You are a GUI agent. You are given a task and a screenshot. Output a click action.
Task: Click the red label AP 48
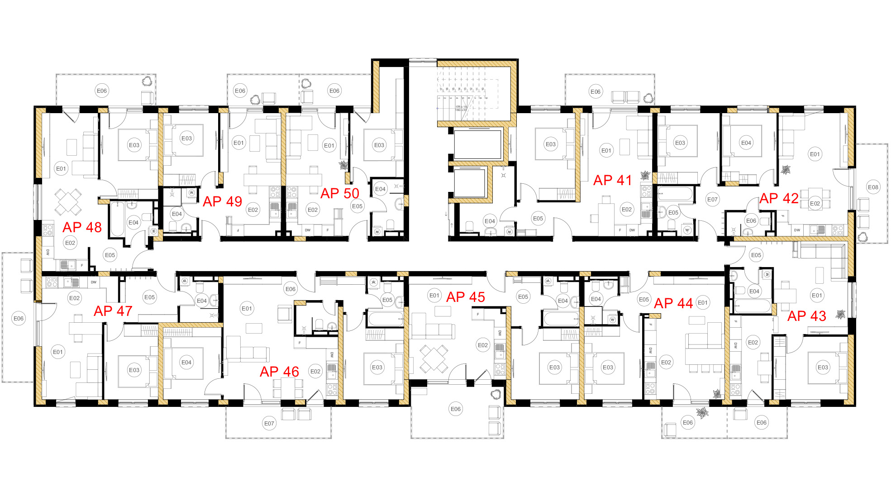click(x=82, y=227)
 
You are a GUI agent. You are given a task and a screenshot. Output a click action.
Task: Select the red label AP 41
click(x=612, y=180)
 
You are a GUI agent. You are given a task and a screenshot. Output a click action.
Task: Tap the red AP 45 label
click(x=465, y=297)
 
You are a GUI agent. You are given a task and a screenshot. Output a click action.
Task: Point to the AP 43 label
click(x=806, y=316)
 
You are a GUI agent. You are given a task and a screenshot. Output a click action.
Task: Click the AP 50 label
click(x=339, y=193)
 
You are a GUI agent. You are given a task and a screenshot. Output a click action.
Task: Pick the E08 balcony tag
click(x=873, y=187)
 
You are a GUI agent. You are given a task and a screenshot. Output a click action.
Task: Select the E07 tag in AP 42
click(x=712, y=199)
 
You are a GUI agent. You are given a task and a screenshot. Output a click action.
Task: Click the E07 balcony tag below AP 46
click(x=269, y=423)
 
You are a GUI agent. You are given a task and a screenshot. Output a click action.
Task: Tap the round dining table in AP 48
click(x=68, y=201)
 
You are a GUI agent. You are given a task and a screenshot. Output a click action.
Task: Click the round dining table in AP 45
click(x=434, y=358)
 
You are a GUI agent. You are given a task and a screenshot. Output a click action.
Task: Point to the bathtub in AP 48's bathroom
click(x=117, y=220)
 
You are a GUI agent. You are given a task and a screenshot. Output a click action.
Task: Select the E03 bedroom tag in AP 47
click(x=134, y=370)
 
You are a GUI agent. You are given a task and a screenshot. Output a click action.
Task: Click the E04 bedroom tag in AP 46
click(x=186, y=362)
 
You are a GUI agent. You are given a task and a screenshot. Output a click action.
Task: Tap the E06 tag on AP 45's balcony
click(x=455, y=409)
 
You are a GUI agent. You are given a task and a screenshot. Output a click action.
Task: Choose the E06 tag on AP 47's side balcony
click(x=18, y=318)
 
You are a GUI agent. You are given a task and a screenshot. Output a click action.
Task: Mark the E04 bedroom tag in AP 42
click(x=746, y=143)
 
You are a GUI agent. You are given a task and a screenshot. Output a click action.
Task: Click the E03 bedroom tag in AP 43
click(x=823, y=367)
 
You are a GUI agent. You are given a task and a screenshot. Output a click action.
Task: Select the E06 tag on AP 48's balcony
click(x=102, y=91)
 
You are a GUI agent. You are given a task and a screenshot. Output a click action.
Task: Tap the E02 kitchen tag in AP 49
click(x=253, y=210)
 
